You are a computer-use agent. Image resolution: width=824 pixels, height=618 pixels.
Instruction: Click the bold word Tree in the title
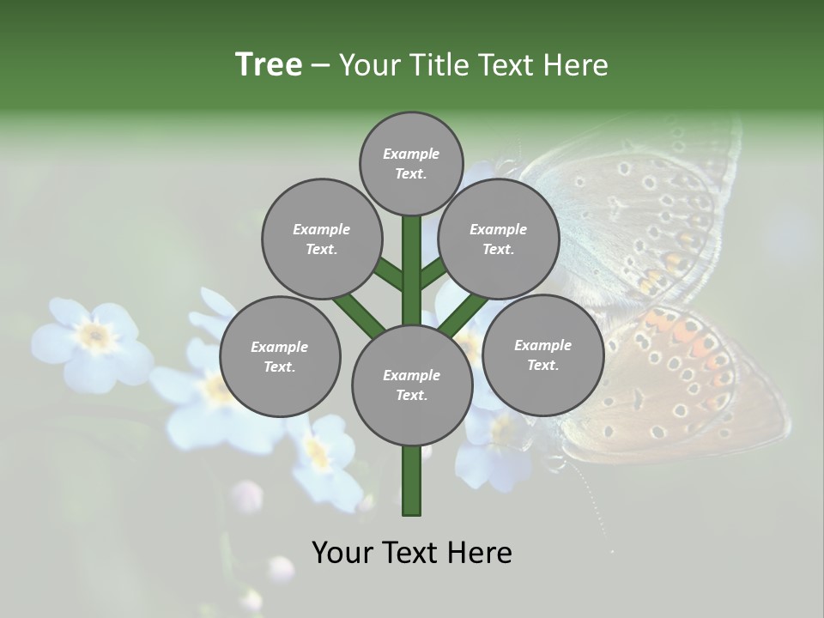(x=269, y=64)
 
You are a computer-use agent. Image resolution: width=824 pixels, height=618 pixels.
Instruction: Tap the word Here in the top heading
(x=575, y=65)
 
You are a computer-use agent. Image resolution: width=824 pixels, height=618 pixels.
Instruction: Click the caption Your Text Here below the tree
(x=412, y=553)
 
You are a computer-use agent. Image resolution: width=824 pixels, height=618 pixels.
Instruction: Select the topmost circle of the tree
(x=411, y=163)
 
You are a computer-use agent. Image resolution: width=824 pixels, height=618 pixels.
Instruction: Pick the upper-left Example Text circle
(x=321, y=239)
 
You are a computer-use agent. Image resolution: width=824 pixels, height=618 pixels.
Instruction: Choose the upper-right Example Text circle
(x=498, y=239)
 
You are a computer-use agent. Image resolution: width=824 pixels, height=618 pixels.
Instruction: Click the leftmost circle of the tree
(x=279, y=356)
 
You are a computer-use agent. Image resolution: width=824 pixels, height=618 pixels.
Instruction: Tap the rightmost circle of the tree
(x=542, y=354)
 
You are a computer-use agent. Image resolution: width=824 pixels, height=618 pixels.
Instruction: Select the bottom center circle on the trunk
(x=411, y=385)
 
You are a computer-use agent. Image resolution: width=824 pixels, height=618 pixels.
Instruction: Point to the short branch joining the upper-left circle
(x=389, y=275)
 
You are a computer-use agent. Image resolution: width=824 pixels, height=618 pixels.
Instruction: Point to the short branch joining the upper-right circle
(x=433, y=274)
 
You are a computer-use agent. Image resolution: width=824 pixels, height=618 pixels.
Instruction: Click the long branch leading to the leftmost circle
(x=359, y=313)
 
